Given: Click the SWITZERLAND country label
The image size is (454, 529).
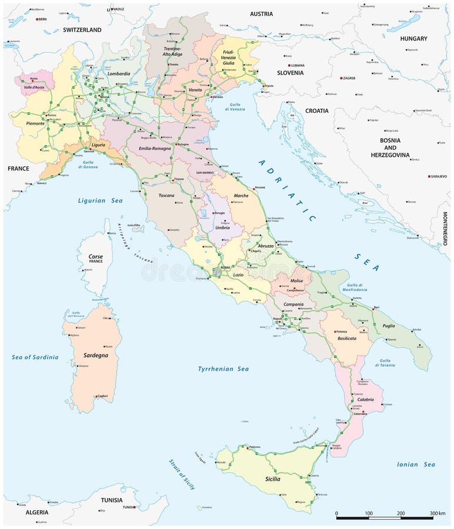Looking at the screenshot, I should (x=82, y=29).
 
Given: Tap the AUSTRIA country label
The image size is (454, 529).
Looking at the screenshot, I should (x=261, y=14).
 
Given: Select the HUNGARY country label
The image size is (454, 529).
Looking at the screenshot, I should (x=413, y=38).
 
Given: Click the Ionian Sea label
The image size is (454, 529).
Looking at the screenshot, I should (x=416, y=464).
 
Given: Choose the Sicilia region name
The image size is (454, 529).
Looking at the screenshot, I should (x=268, y=479).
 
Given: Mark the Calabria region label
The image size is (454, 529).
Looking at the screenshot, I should (x=365, y=399).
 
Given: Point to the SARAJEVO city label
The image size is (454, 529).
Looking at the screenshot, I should (x=439, y=176).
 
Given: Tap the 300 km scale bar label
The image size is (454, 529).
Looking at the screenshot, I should (x=437, y=513).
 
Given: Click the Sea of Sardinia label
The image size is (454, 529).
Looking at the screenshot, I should (x=35, y=357).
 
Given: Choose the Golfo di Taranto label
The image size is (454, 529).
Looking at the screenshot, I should (x=385, y=363).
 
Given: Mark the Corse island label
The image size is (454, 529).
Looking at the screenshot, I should (x=95, y=257).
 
